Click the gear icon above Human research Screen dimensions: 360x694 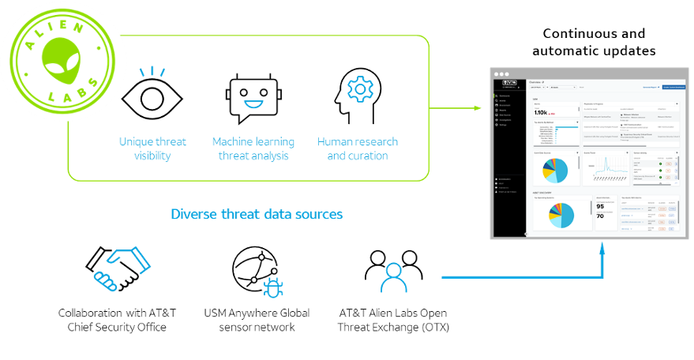pos(360,88)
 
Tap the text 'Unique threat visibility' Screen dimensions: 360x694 pos(152,148)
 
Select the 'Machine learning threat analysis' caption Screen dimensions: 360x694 pos(253,148)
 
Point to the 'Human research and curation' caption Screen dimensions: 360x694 pos(358,148)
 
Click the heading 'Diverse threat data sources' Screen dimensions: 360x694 pos(257,214)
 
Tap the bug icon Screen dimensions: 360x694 pos(273,287)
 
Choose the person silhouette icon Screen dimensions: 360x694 pos(393,277)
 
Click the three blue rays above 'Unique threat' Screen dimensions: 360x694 pos(152,72)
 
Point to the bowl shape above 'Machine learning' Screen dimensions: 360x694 pos(253,106)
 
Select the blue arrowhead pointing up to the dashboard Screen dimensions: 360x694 pos(602,248)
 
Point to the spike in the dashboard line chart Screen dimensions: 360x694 pos(606,163)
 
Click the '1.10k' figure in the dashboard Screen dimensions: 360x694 pos(544,113)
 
